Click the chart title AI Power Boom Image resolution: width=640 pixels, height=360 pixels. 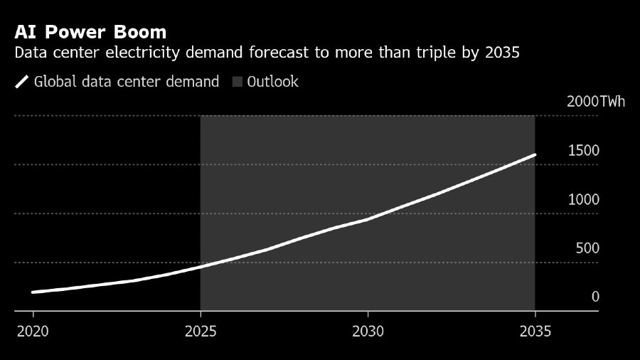90,32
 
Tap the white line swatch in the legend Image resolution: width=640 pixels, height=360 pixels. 21,82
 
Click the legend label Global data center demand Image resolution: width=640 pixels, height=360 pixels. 127,82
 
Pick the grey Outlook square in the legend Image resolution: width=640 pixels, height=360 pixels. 238,82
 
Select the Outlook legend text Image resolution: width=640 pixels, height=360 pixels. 273,82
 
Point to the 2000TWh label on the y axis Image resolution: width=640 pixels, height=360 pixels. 596,101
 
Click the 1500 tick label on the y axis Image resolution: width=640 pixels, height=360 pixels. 584,150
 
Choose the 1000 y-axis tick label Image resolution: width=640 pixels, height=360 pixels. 584,199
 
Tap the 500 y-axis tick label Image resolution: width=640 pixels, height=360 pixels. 587,248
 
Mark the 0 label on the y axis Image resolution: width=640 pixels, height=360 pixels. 596,297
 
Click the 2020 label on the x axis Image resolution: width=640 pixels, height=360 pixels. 33,332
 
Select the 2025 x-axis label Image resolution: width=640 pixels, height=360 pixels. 201,332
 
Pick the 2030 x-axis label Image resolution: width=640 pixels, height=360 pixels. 368,332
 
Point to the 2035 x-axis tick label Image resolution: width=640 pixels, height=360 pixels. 535,332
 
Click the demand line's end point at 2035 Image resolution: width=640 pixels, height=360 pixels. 535,154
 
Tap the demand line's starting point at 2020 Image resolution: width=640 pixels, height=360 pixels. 33,292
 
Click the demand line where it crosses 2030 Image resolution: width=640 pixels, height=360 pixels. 368,219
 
